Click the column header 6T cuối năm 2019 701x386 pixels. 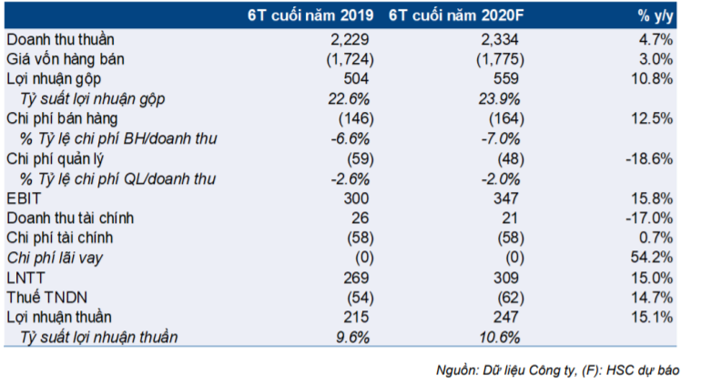coord(310,15)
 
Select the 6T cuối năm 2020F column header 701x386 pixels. coord(456,15)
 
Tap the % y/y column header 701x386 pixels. coord(655,16)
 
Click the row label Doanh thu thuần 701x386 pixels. coord(60,39)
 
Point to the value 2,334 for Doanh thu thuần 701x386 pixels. coord(500,39)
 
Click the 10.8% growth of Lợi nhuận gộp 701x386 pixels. coord(651,78)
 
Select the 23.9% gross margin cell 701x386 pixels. coord(499,99)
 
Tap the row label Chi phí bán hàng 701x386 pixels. coord(62,118)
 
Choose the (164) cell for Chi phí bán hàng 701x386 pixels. coord(506,118)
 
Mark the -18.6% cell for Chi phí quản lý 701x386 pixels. coord(649,158)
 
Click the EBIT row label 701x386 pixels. coord(24,198)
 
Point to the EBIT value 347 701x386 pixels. coord(505,198)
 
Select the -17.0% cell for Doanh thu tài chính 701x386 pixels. coord(649,218)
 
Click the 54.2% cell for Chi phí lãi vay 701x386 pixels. coord(651,258)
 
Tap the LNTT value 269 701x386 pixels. coord(356,278)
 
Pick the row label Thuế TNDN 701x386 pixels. coord(46,298)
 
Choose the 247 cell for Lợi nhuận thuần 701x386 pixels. coord(505,317)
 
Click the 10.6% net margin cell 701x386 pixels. coord(499,337)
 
